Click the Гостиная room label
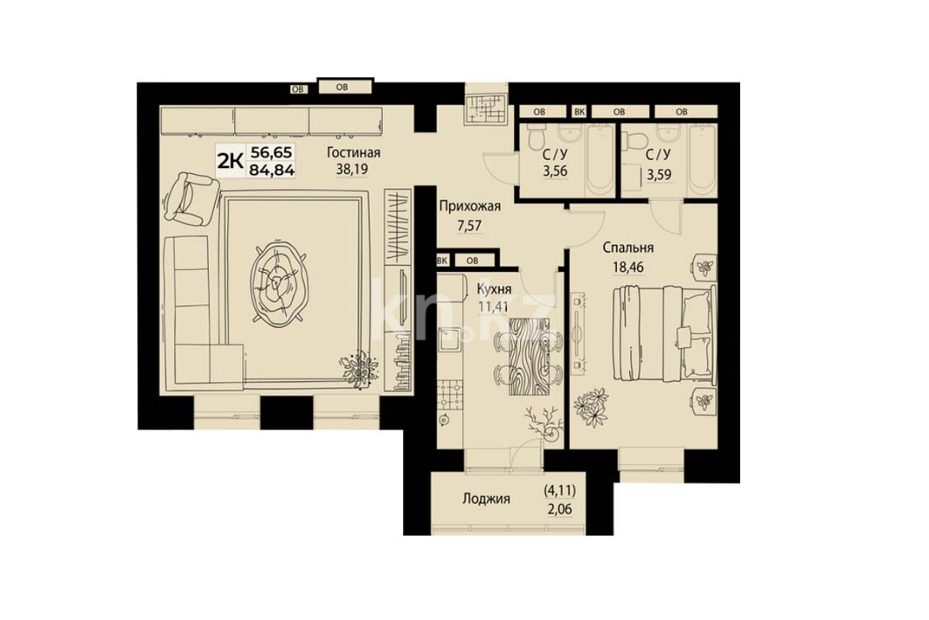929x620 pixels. tap(354, 153)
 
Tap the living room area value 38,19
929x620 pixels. tap(352, 169)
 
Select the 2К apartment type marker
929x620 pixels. tap(230, 160)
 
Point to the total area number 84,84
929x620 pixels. tap(273, 171)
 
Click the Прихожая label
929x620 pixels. tap(470, 206)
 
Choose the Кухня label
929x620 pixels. tap(494, 289)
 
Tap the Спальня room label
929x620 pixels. tap(628, 248)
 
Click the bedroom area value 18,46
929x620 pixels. tap(628, 267)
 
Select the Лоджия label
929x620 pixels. tap(487, 499)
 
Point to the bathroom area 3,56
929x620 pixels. tap(555, 172)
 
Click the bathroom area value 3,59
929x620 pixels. tap(659, 175)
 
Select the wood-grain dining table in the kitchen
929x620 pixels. tap(529, 356)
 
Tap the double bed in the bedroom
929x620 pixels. tap(663, 334)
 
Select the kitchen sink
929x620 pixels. tap(450, 340)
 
